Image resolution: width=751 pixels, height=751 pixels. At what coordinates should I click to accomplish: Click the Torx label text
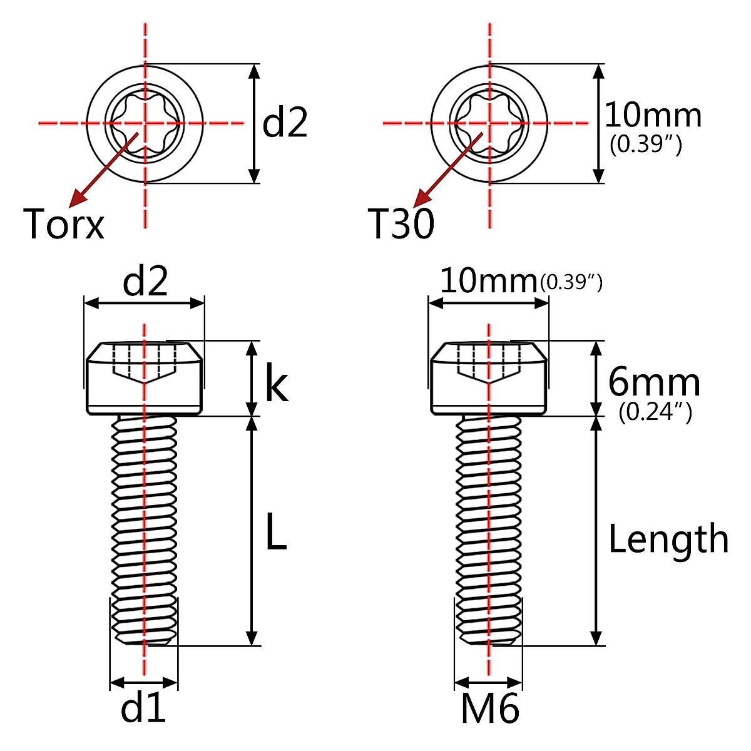coord(64,223)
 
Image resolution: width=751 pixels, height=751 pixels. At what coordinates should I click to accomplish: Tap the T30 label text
coord(401,223)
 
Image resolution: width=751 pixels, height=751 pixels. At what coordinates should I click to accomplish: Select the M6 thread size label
coord(490,709)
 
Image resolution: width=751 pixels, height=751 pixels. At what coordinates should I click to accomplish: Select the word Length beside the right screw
coord(668,539)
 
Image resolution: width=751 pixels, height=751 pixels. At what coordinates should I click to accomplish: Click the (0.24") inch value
coord(655,412)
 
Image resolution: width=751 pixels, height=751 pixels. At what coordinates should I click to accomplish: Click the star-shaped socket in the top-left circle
coord(145,123)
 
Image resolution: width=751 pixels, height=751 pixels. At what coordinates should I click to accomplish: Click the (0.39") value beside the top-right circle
coord(645,145)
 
